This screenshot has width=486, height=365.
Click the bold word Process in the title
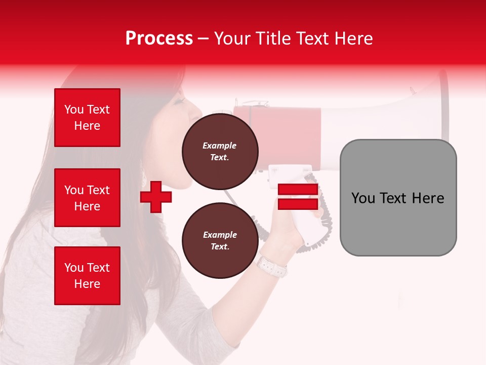[x=159, y=38]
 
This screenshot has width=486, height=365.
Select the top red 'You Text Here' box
[x=87, y=118]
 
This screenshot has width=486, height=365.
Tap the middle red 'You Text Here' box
[x=87, y=198]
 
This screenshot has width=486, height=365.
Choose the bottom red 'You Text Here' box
[x=87, y=276]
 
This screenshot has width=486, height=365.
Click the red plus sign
[x=156, y=197]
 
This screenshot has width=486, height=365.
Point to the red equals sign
[x=298, y=197]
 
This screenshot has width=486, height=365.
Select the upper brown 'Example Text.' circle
[x=220, y=152]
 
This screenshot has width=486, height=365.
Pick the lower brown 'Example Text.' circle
[x=220, y=241]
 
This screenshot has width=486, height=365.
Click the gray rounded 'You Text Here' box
[x=398, y=198]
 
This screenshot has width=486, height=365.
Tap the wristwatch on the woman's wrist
[x=271, y=266]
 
